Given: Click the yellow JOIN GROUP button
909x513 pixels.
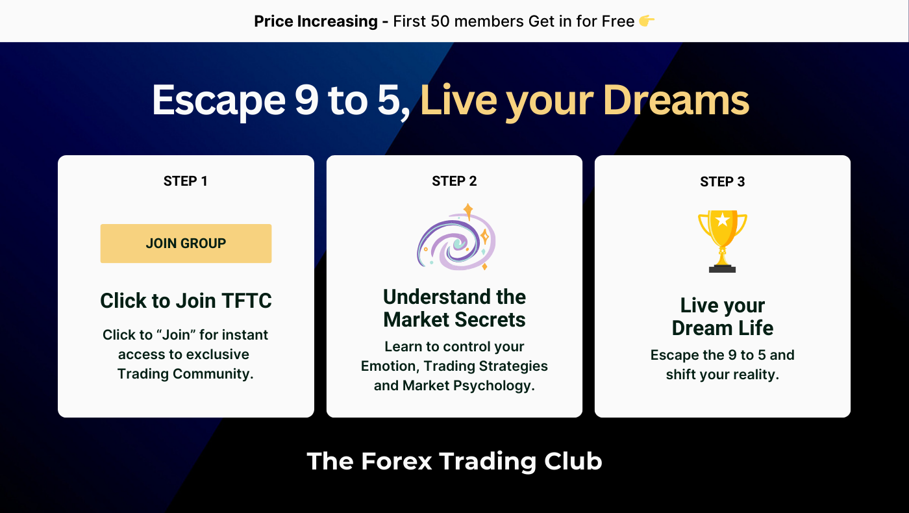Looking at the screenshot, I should point(186,244).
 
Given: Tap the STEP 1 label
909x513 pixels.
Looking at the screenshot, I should point(186,181).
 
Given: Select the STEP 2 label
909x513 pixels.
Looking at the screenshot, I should point(454,181).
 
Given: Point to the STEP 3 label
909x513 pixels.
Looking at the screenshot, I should point(723,182).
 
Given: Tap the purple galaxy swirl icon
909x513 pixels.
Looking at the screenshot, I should point(456,238).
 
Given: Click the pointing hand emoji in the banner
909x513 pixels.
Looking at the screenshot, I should point(647,21).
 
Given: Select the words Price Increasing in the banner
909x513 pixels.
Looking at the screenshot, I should point(316,21).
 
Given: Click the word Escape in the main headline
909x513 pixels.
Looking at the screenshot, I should point(218,101).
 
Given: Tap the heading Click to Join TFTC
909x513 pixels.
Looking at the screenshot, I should point(186,301).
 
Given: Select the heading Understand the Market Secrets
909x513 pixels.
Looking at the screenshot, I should point(454,308).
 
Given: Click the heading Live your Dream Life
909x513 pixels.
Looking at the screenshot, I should point(723,317).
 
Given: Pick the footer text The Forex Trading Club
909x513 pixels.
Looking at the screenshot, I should point(454,461).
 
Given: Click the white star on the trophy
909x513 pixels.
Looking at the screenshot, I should point(723,220).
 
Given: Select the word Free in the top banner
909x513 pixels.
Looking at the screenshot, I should point(617,21).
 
